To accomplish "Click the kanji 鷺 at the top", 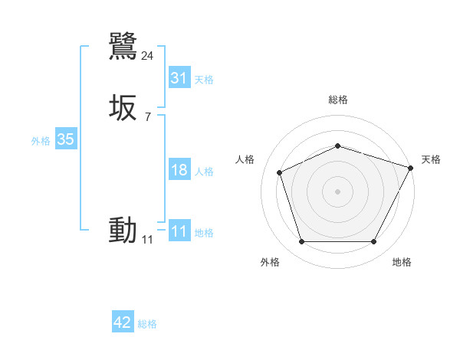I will point(123,46).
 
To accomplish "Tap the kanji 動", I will point(123,230).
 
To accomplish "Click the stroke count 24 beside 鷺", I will point(148,55).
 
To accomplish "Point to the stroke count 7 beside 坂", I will point(147,117).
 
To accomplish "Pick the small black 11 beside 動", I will point(147,240).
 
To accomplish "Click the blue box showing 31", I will point(179,78).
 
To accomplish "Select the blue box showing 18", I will point(179,170).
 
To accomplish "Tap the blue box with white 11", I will point(179,231).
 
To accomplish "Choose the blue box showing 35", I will point(65,139).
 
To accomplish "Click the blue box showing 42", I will point(123,322).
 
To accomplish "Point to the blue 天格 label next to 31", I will point(204,80).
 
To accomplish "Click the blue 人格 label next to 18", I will point(204,172).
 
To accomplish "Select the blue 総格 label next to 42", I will point(147,324).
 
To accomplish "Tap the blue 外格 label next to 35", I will point(41,141).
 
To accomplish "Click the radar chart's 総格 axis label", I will point(337,100).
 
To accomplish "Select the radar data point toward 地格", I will point(373,242).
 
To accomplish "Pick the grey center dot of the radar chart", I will point(337,191).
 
